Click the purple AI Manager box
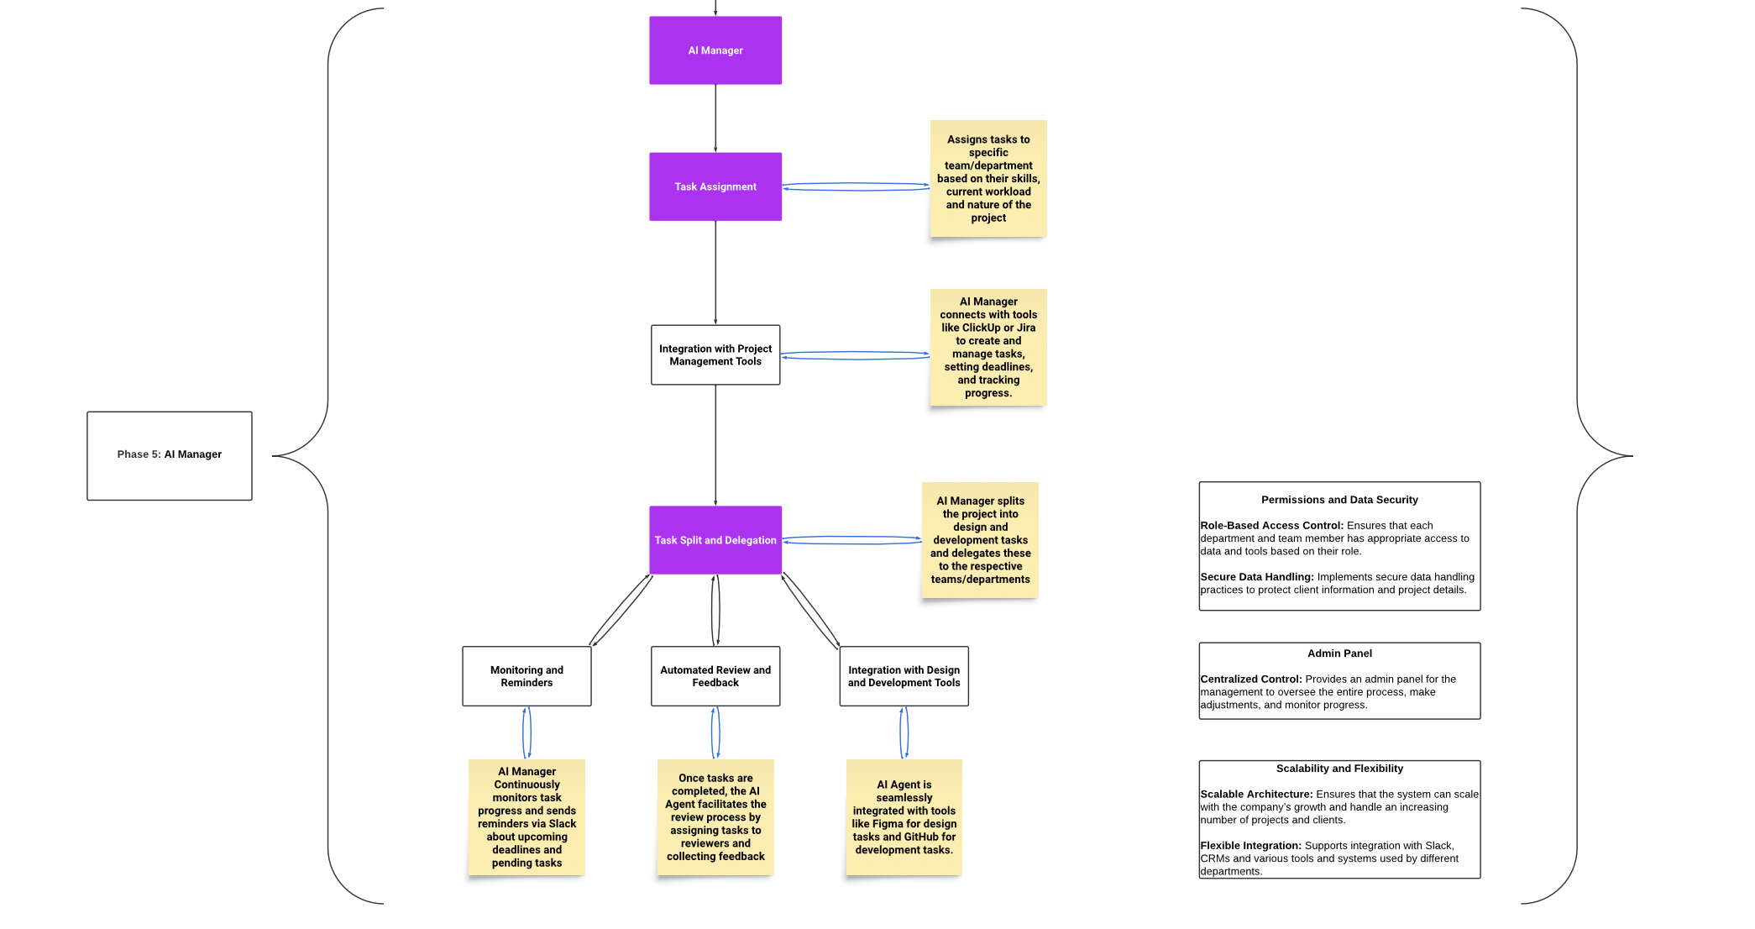pyautogui.click(x=715, y=50)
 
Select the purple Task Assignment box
pyautogui.click(x=715, y=186)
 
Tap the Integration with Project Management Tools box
pyautogui.click(x=715, y=355)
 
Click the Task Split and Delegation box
pyautogui.click(x=715, y=540)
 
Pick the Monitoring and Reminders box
pyautogui.click(x=526, y=676)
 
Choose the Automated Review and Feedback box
pyautogui.click(x=715, y=676)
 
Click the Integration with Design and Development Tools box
pyautogui.click(x=904, y=676)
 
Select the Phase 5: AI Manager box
pyautogui.click(x=169, y=455)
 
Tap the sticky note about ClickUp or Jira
pyautogui.click(x=988, y=347)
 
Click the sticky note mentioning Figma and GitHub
pyautogui.click(x=904, y=817)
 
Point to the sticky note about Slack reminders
pyautogui.click(x=526, y=817)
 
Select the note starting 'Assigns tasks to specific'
pyautogui.click(x=988, y=178)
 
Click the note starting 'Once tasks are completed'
pyautogui.click(x=715, y=817)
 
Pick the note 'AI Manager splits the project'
pyautogui.click(x=980, y=540)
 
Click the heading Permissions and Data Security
pyautogui.click(x=1339, y=500)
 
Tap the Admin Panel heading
pyautogui.click(x=1339, y=653)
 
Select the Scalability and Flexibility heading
pyautogui.click(x=1339, y=769)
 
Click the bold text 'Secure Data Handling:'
pyautogui.click(x=1256, y=577)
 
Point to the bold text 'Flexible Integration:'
pyautogui.click(x=1250, y=846)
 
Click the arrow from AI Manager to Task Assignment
pyautogui.click(x=715, y=118)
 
